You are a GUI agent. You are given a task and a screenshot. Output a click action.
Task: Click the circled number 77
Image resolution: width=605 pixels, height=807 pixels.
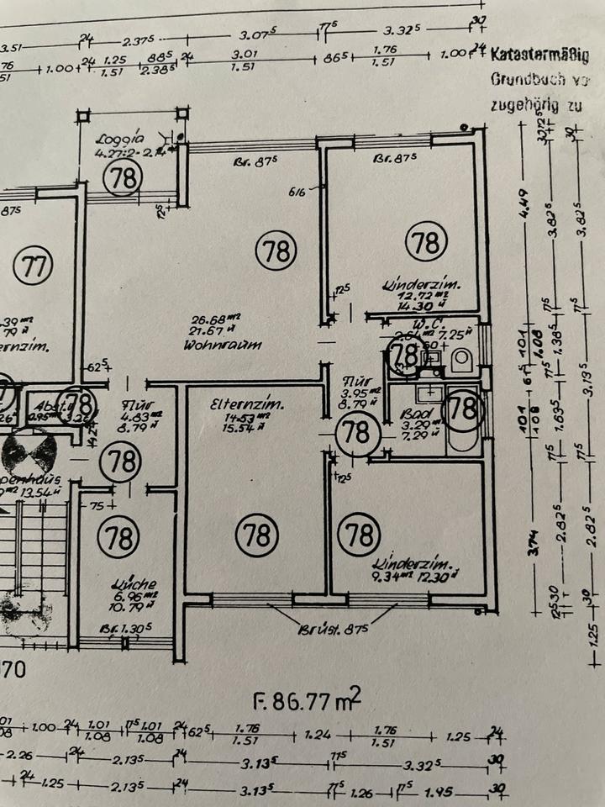(34, 267)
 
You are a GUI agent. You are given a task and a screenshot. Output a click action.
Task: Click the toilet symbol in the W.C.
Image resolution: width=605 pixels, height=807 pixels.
(461, 360)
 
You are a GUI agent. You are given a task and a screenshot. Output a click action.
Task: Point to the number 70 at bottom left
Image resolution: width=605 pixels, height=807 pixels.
(15, 671)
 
